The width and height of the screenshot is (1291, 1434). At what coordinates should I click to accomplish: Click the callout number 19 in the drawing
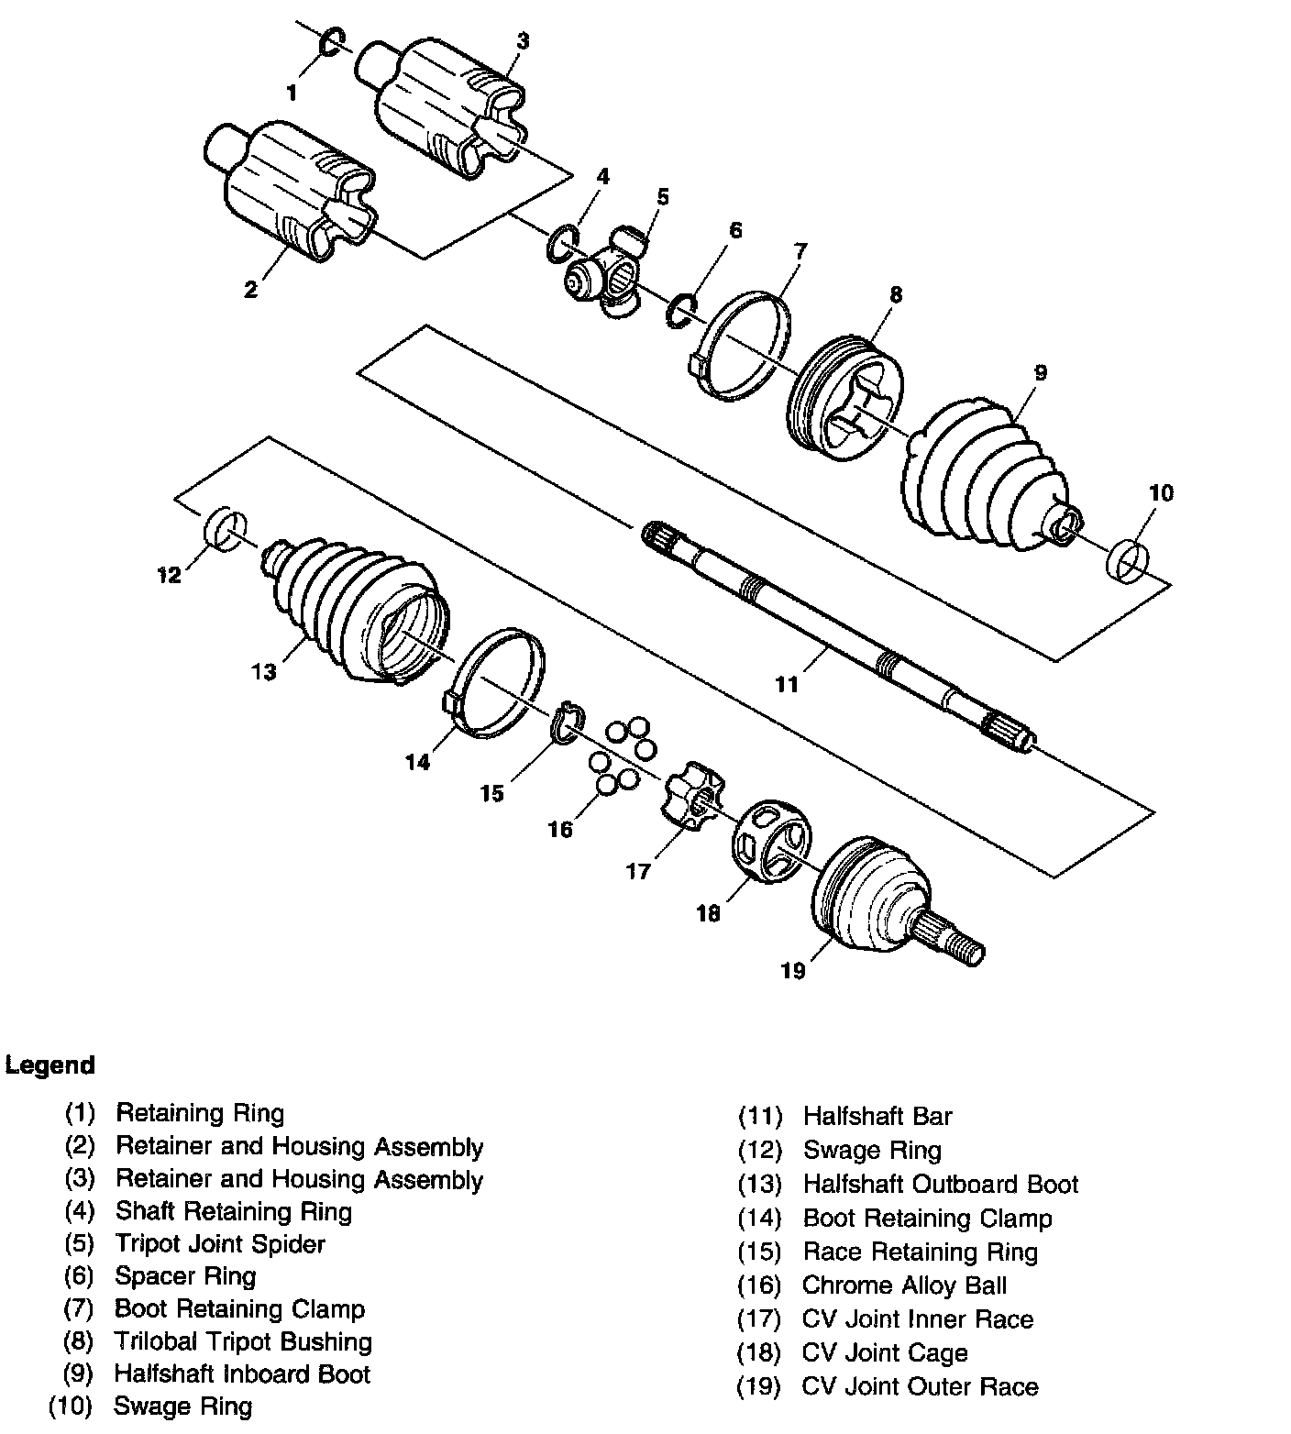pos(792,970)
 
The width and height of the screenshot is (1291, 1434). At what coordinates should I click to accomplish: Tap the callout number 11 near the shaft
pos(787,684)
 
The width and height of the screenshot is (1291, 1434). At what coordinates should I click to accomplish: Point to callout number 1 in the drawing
pos(292,92)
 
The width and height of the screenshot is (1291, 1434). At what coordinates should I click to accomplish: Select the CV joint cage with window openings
pos(772,839)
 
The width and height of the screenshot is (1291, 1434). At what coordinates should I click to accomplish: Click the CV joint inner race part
pos(692,798)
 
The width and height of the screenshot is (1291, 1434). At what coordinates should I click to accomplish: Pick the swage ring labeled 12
pos(224,530)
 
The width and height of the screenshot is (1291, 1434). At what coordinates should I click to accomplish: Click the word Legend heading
pos(50,1065)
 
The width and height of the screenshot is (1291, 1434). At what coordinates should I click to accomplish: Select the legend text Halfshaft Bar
pos(877,1116)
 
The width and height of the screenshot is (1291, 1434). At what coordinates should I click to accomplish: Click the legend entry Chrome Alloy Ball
pos(904,1285)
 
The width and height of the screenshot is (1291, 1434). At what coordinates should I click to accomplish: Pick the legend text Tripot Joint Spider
pos(220,1243)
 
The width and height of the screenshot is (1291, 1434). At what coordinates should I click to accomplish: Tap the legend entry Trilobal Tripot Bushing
pos(243,1341)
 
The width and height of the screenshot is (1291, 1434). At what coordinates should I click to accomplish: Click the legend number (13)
pos(760,1184)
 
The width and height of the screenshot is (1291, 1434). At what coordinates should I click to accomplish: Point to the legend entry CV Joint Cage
pos(885,1352)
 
